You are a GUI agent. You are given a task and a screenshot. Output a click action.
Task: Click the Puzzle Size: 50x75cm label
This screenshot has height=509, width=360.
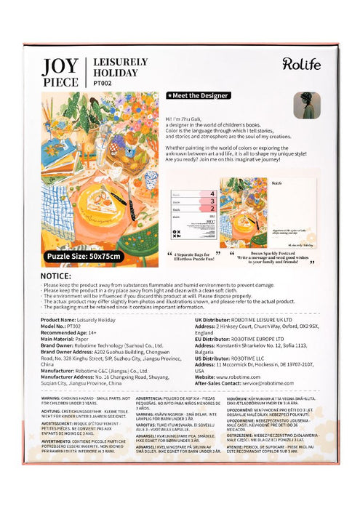(x=85, y=256)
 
